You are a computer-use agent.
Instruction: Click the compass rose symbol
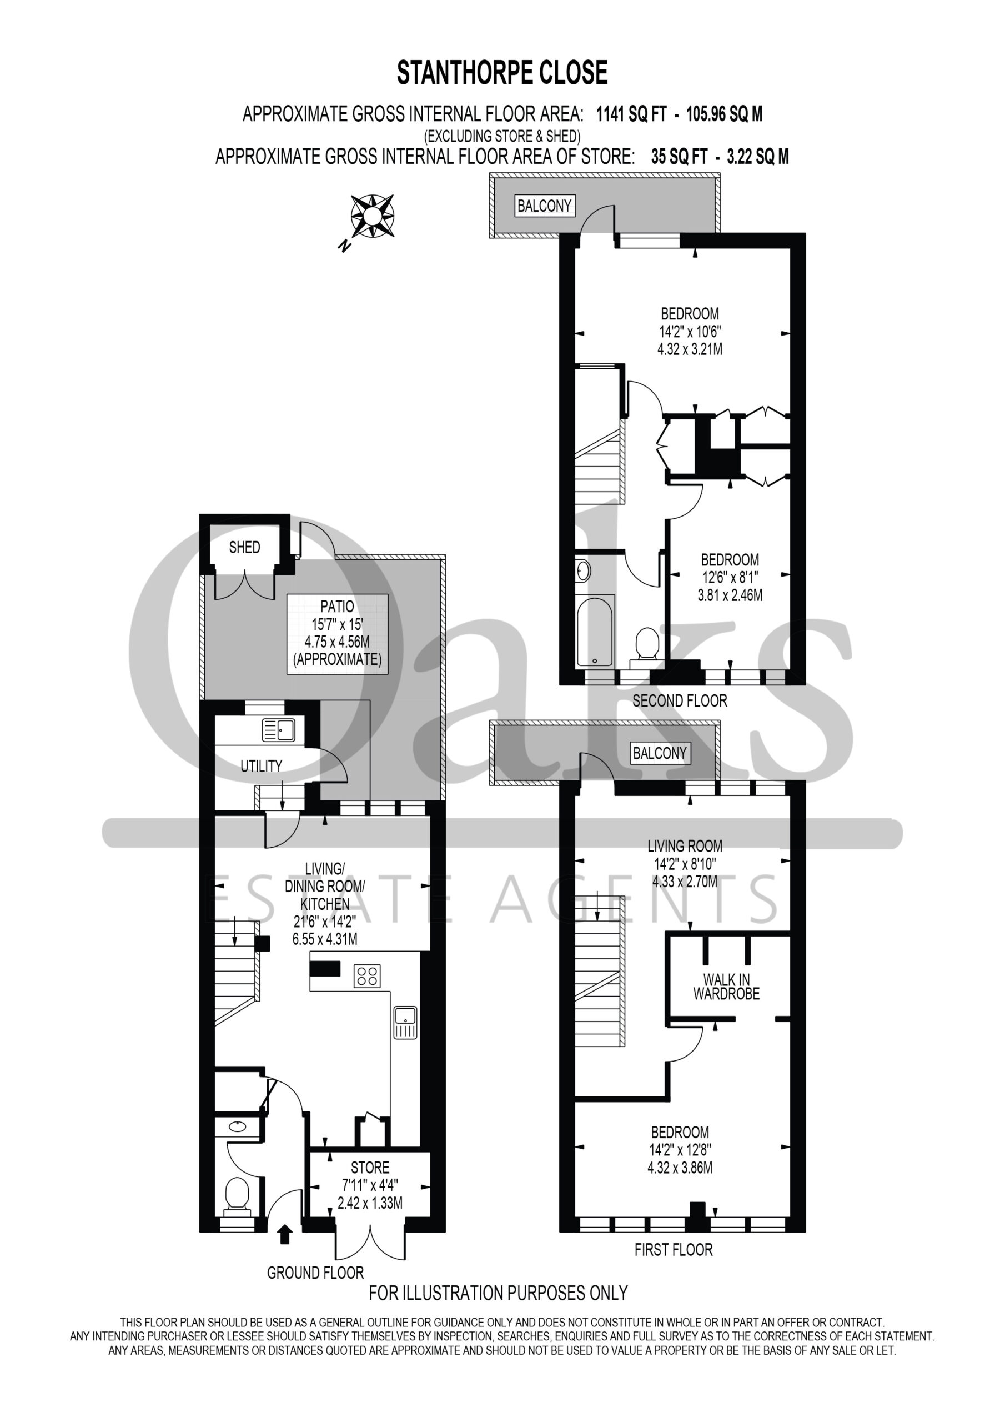tap(372, 216)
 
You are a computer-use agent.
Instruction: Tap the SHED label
tap(245, 547)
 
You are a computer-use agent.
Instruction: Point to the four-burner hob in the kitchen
tap(367, 977)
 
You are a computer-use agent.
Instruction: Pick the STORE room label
tap(370, 1168)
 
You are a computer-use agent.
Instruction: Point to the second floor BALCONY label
tap(544, 206)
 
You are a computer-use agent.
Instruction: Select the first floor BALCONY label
tap(660, 753)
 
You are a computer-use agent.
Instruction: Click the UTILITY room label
tap(262, 766)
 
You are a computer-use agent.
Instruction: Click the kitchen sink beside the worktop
tap(405, 1022)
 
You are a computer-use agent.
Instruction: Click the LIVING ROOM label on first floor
tap(685, 845)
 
